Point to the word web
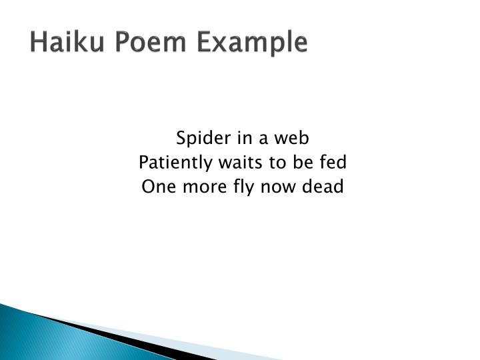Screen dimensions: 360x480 tap(295, 138)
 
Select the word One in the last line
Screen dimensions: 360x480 tap(157, 187)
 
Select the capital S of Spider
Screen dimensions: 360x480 tap(181, 138)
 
